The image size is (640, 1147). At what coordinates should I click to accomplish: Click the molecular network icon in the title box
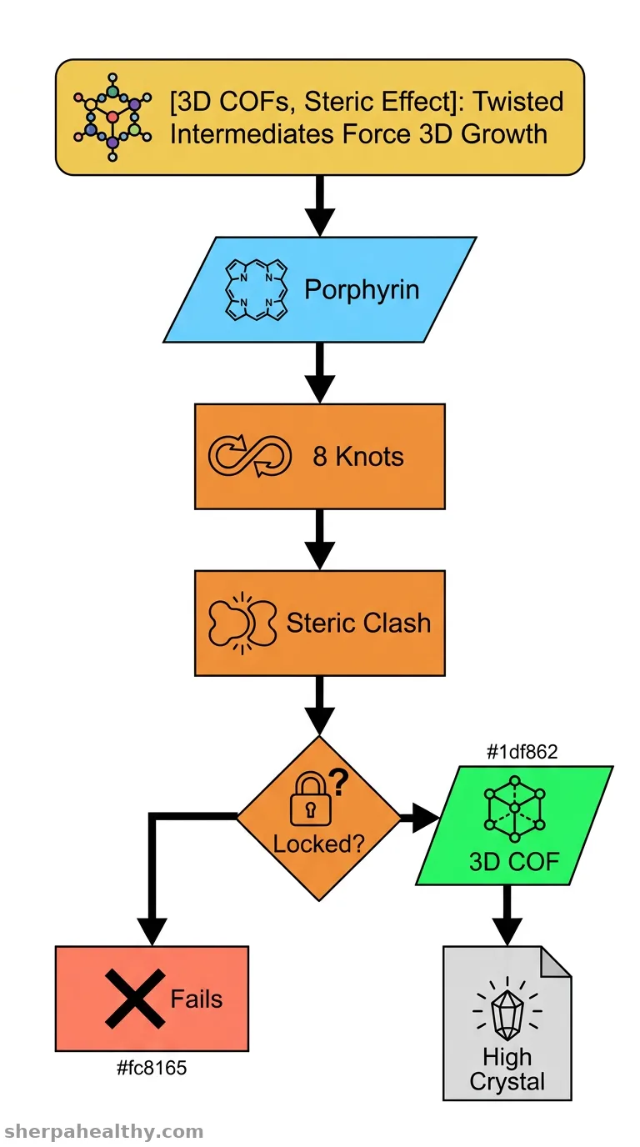click(x=112, y=118)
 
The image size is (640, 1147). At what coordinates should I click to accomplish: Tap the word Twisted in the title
click(x=517, y=101)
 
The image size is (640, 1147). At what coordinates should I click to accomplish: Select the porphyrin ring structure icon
click(x=256, y=290)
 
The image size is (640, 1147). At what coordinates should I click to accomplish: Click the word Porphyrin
click(x=362, y=289)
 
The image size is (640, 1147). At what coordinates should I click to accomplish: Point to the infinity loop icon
click(x=250, y=456)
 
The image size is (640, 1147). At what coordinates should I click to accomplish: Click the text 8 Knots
click(x=357, y=456)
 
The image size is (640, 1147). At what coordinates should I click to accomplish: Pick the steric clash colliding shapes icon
click(x=242, y=624)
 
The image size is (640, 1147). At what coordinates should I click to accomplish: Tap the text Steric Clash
click(x=358, y=623)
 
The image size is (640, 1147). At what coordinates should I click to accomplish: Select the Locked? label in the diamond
click(x=318, y=844)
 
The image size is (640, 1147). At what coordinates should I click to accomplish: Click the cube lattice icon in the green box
click(x=514, y=809)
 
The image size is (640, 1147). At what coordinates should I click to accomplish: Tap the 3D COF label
click(x=514, y=862)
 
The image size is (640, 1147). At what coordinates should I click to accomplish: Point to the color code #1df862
click(x=522, y=752)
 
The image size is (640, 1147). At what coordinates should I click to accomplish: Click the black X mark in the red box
click(x=135, y=999)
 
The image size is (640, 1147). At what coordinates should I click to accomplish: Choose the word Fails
click(x=197, y=999)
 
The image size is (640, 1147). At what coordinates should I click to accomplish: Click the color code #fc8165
click(x=152, y=1068)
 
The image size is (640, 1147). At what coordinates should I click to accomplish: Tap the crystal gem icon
click(x=507, y=1009)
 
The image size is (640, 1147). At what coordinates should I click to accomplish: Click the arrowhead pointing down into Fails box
click(x=152, y=931)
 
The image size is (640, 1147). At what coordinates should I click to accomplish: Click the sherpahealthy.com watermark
click(x=104, y=1132)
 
